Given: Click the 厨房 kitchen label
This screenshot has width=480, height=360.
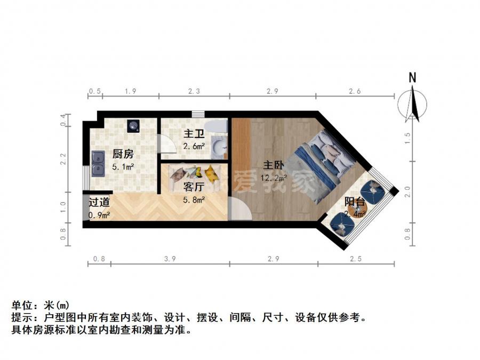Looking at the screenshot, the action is pyautogui.click(x=123, y=154).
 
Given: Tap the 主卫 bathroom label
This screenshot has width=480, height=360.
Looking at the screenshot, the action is pyautogui.click(x=194, y=134).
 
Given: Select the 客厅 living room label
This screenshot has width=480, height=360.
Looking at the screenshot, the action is pyautogui.click(x=194, y=187).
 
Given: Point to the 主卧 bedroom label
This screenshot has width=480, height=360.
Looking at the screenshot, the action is pyautogui.click(x=274, y=165).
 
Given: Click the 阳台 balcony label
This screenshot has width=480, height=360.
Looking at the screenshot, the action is pyautogui.click(x=355, y=202).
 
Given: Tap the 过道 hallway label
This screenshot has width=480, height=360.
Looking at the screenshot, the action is pyautogui.click(x=99, y=202).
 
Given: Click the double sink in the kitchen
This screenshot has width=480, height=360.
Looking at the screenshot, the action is pyautogui.click(x=98, y=164).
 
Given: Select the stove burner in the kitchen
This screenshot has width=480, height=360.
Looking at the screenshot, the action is pyautogui.click(x=133, y=126).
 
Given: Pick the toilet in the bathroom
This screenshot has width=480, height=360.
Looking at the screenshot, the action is pyautogui.click(x=216, y=126).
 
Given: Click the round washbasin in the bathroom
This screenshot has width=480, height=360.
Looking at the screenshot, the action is pyautogui.click(x=219, y=146).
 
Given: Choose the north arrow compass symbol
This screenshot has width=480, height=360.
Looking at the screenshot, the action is pyautogui.click(x=412, y=104).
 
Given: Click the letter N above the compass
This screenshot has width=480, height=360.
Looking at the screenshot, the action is pyautogui.click(x=412, y=78).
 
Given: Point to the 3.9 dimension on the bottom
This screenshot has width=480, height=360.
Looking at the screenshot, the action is pyautogui.click(x=170, y=259).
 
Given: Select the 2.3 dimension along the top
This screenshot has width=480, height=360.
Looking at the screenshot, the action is pyautogui.click(x=194, y=91).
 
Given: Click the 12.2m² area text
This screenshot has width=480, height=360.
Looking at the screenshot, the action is pyautogui.click(x=274, y=178).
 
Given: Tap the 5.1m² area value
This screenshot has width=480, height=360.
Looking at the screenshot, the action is pyautogui.click(x=123, y=167).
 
